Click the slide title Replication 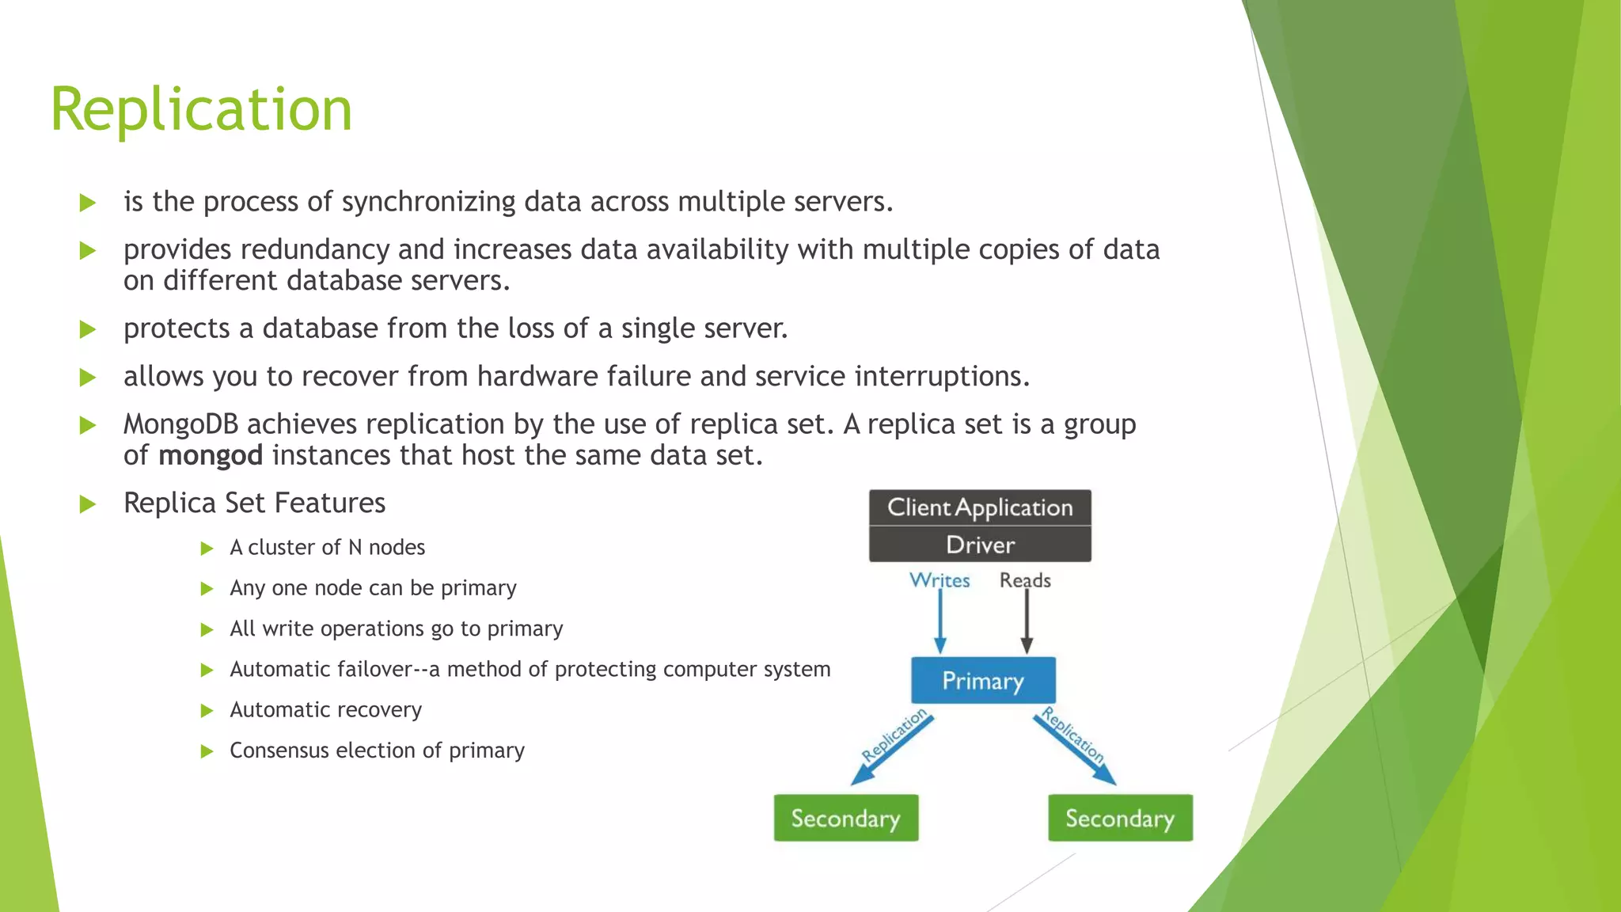(201, 109)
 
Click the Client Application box (980, 507)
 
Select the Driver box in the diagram (980, 545)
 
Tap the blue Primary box (983, 680)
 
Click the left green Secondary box (845, 818)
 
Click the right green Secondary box (1120, 818)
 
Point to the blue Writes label (940, 580)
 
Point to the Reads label (1025, 580)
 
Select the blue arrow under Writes (940, 622)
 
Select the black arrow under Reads (1027, 622)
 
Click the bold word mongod (211, 456)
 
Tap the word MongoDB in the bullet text (180, 424)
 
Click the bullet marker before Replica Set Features (88, 504)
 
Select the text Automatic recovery (325, 710)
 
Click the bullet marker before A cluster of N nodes (207, 549)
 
